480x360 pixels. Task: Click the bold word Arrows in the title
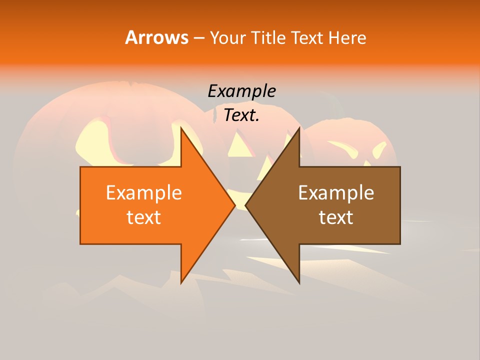[x=156, y=37]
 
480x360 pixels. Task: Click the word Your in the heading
[x=227, y=37]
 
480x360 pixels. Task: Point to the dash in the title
[x=198, y=38]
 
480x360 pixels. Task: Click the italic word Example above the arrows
[x=241, y=91]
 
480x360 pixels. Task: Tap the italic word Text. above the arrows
[x=241, y=115]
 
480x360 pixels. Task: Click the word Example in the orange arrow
[x=144, y=193]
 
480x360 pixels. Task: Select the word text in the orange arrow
[x=144, y=217]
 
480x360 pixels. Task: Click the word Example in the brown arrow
[x=336, y=193]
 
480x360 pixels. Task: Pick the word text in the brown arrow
[x=336, y=217]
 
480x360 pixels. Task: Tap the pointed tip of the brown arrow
[x=246, y=205]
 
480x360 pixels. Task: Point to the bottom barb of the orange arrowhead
[x=182, y=281]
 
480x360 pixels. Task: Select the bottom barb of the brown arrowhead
[x=298, y=281]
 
